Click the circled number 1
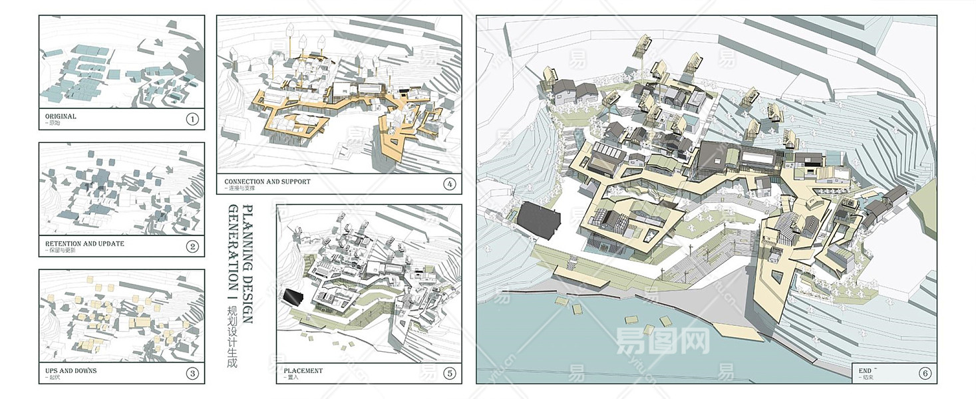(x=192, y=119)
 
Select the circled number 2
(x=192, y=247)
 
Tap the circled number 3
(x=192, y=373)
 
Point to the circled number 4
(x=450, y=184)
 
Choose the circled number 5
(x=450, y=373)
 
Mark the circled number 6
(x=925, y=373)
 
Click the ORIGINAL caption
(x=61, y=116)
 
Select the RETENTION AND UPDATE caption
(x=84, y=244)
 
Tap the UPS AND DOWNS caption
(x=71, y=370)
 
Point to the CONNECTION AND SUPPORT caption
(x=267, y=182)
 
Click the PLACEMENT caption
(x=303, y=370)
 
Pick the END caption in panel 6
(x=865, y=370)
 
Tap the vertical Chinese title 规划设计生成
(x=232, y=337)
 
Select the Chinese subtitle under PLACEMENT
(x=291, y=378)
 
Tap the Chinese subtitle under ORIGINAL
(x=51, y=124)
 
